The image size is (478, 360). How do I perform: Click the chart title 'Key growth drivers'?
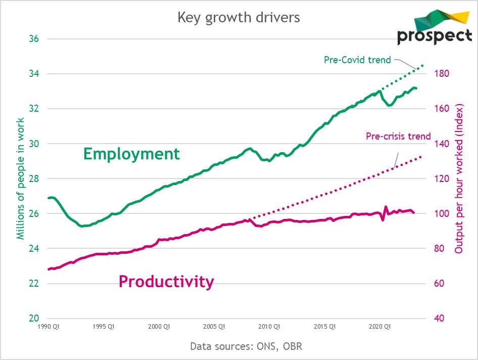pos(238,17)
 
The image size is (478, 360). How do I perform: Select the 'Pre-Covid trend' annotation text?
pos(357,60)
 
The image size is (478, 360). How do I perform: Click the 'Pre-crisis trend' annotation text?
pos(398,136)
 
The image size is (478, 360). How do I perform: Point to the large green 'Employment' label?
pos(131,154)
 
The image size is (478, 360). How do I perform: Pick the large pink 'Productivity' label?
pos(166,281)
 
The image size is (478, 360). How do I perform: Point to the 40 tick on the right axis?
pos(439,318)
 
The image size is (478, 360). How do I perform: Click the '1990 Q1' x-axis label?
pos(50,327)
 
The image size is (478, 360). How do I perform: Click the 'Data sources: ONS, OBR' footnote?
pos(246,346)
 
